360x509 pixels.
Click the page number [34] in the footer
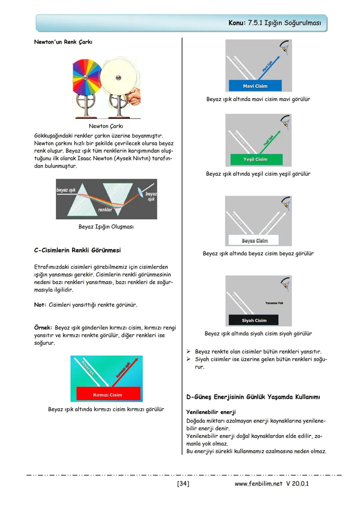183,484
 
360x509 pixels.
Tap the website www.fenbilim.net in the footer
258,484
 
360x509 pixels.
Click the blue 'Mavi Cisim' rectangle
255,86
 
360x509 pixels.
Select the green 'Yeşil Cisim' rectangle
255,159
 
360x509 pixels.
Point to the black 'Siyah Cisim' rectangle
254,320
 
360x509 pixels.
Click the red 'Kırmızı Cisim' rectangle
107,395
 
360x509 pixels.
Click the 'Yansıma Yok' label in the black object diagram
274,303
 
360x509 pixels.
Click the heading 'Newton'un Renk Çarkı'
63,42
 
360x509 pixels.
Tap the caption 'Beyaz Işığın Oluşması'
106,227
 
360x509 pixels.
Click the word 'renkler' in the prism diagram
105,210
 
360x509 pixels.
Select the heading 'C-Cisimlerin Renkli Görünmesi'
77,250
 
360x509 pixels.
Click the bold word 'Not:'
40,305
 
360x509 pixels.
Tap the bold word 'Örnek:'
43,328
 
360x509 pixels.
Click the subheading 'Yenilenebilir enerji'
211,412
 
